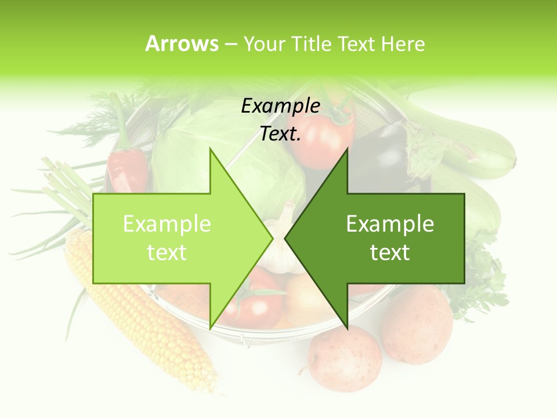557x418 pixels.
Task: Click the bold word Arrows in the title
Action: pyautogui.click(x=182, y=44)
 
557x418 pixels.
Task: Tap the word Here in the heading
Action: pyautogui.click(x=403, y=44)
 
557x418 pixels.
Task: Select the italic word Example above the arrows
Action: pyautogui.click(x=280, y=106)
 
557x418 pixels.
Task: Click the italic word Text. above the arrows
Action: pyautogui.click(x=280, y=134)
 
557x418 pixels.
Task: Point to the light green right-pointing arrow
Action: pyautogui.click(x=174, y=238)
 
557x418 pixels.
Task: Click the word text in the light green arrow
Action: pyautogui.click(x=167, y=253)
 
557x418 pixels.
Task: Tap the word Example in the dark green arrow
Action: pyautogui.click(x=390, y=224)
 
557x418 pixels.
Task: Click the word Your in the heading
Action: pyautogui.click(x=263, y=44)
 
